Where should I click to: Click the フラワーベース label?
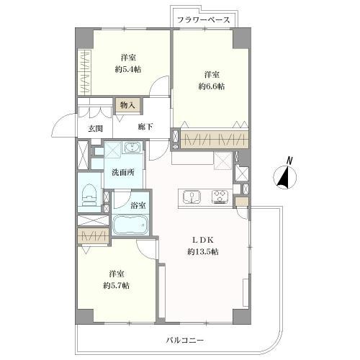pyautogui.click(x=204, y=20)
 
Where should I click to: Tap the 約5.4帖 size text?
pyautogui.click(x=128, y=70)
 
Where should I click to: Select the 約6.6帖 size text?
pyautogui.click(x=212, y=86)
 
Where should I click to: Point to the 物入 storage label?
pyautogui.click(x=127, y=105)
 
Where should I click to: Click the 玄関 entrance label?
pyautogui.click(x=95, y=129)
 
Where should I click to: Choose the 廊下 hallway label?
pyautogui.click(x=145, y=127)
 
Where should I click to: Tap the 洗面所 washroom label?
pyautogui.click(x=123, y=172)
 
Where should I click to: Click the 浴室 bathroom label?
pyautogui.click(x=138, y=205)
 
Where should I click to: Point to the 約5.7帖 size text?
pyautogui.click(x=117, y=286)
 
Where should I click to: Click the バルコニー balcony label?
pyautogui.click(x=185, y=340)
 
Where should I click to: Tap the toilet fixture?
pyautogui.click(x=89, y=194)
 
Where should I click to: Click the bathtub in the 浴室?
pyautogui.click(x=130, y=225)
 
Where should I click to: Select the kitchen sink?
pyautogui.click(x=192, y=197)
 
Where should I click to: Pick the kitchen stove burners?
pyautogui.click(x=220, y=197)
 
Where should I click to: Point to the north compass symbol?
pyautogui.click(x=285, y=177)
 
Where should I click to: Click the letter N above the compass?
pyautogui.click(x=289, y=161)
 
